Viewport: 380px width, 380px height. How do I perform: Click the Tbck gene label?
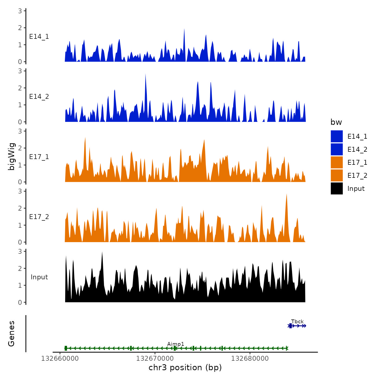tap(297, 321)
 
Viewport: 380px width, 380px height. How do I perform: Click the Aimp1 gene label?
tap(176, 344)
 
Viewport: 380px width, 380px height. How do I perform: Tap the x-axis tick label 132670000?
tap(155, 359)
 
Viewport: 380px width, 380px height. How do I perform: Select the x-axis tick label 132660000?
tap(60, 359)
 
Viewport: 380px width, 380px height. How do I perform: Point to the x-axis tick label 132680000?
tap(250, 359)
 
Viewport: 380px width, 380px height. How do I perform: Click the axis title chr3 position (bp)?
tap(185, 368)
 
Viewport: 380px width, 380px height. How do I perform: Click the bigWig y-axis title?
tap(11, 156)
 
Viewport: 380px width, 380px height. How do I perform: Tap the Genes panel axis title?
tap(11, 334)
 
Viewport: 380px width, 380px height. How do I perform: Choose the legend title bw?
tap(336, 122)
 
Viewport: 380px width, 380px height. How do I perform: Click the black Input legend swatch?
tap(337, 188)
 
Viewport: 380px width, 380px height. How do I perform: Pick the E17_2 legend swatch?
tap(337, 175)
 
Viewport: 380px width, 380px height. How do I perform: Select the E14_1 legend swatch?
tap(337, 136)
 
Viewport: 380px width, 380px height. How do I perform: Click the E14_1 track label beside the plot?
tap(39, 37)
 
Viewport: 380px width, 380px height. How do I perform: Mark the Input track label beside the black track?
tap(39, 277)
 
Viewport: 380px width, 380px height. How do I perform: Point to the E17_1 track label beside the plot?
tap(39, 157)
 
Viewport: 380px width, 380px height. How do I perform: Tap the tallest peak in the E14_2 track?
tap(145, 74)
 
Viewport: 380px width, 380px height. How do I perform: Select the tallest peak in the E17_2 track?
tap(287, 195)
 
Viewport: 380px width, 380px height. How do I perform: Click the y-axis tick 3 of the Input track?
tap(20, 251)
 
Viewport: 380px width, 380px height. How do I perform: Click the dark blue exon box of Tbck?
tap(290, 326)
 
